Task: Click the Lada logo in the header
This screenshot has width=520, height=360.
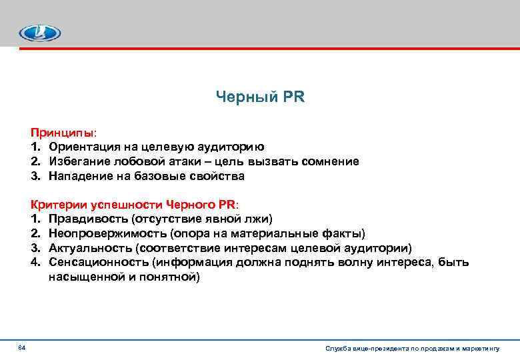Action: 39,33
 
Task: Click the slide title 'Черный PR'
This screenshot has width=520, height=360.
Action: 260,97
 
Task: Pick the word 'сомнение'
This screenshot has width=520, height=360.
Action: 330,162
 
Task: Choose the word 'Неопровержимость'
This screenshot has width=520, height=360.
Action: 106,234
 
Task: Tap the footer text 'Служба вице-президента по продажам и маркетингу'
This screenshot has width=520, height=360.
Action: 412,349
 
